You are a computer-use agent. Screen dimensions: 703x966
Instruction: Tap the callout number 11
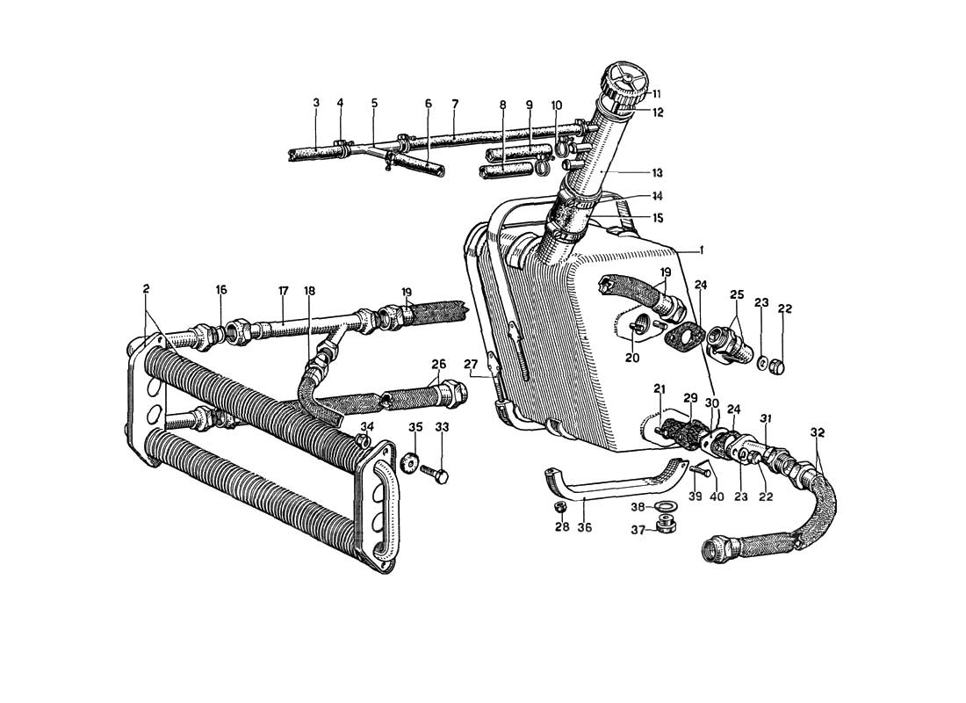[x=656, y=93]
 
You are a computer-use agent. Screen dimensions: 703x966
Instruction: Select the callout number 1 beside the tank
[x=703, y=250]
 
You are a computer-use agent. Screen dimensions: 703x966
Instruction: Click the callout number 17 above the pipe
[x=284, y=290]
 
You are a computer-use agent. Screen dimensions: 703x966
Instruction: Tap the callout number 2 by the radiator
[x=147, y=288]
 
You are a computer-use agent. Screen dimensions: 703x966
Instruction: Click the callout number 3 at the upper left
[x=316, y=103]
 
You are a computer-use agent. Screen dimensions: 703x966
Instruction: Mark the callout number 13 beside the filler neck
[x=657, y=172]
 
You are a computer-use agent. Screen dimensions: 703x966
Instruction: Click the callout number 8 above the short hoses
[x=503, y=104]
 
